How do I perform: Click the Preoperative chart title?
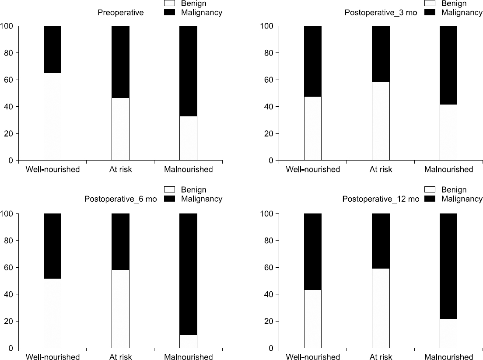pyautogui.click(x=120, y=13)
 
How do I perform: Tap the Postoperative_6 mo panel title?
pyautogui.click(x=120, y=199)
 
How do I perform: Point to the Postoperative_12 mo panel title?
pyautogui.click(x=381, y=199)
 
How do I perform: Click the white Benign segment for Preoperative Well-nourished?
pyautogui.click(x=52, y=116)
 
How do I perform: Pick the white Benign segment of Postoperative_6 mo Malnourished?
pyautogui.click(x=188, y=341)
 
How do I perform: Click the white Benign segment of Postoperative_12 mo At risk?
pyautogui.click(x=381, y=308)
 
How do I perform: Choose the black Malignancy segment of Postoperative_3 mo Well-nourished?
pyautogui.click(x=313, y=61)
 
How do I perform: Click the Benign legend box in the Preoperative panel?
pyautogui.click(x=169, y=3)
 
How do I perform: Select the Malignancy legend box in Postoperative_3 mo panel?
pyautogui.click(x=429, y=12)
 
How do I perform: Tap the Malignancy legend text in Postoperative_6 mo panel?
pyautogui.click(x=202, y=199)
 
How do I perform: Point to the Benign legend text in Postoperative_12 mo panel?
pyautogui.click(x=454, y=190)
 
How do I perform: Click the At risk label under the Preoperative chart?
pyautogui.click(x=120, y=169)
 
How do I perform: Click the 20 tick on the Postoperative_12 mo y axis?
pyautogui.click(x=269, y=321)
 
